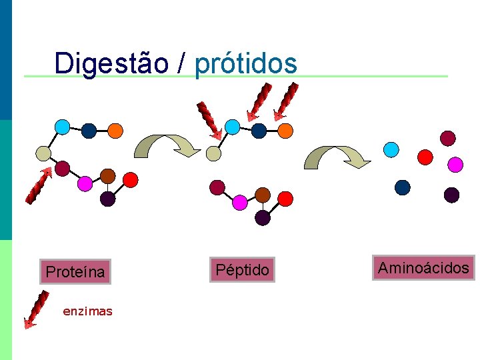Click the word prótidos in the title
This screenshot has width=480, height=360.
click(x=245, y=64)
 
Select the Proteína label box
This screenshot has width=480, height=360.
click(x=75, y=272)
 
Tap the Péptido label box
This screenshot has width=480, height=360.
click(x=242, y=269)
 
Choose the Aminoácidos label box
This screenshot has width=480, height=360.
click(x=424, y=269)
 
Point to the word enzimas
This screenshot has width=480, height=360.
click(x=87, y=311)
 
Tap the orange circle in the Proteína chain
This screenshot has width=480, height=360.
click(x=115, y=130)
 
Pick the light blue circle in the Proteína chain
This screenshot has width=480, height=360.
click(x=62, y=126)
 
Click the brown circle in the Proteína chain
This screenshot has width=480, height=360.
click(x=107, y=176)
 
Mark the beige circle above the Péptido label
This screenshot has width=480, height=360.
click(x=213, y=154)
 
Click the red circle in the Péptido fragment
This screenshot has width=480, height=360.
click(x=285, y=199)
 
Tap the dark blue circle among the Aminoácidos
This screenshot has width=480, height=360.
click(x=403, y=187)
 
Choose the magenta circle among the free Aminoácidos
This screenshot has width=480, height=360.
click(x=455, y=163)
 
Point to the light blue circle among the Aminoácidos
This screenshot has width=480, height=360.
click(x=392, y=149)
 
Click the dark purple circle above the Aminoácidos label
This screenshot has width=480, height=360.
click(x=452, y=195)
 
